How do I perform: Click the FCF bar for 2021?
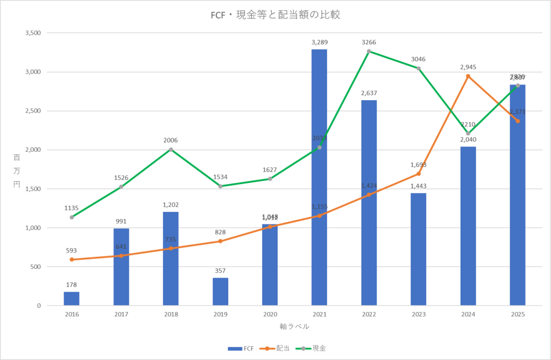coord(319,178)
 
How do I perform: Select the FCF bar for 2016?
coord(72,299)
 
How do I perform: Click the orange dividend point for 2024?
coord(468,76)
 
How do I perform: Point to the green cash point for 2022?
coord(369,51)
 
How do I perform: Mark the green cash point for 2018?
coord(171,150)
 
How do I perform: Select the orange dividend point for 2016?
coord(72,259)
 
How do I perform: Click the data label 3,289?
coord(320,42)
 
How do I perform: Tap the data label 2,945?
coord(468,67)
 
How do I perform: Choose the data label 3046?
coord(418,60)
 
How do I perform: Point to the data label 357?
coord(220,271)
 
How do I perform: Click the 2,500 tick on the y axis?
coord(33,111)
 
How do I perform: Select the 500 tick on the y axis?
coord(36,267)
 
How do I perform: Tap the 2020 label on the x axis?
coord(270,314)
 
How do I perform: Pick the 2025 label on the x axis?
coord(517,314)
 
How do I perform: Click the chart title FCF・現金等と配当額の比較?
coord(275,15)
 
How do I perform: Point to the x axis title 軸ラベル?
coord(294,326)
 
